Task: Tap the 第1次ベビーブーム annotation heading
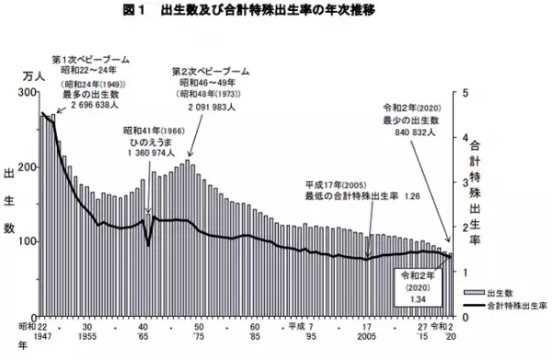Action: pos(90,58)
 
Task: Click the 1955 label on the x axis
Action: pos(86,337)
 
